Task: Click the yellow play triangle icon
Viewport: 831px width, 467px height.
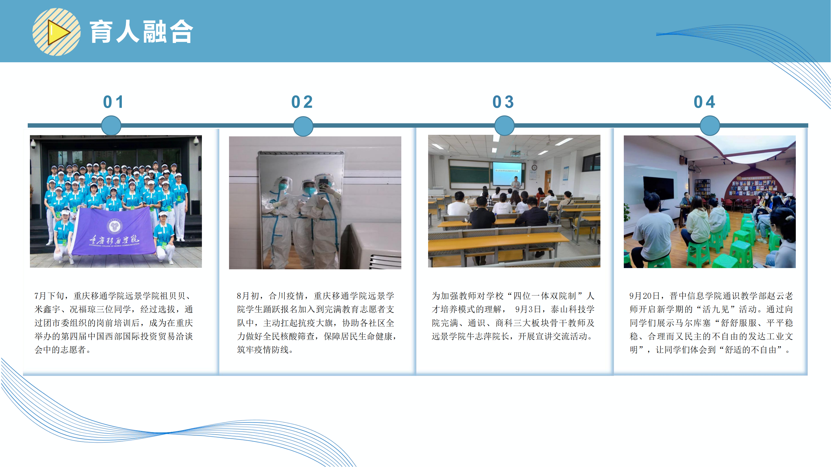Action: (x=58, y=32)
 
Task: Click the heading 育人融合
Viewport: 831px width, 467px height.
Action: (x=141, y=32)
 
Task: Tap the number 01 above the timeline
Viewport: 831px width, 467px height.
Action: (x=113, y=102)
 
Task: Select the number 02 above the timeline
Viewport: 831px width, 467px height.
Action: (x=302, y=102)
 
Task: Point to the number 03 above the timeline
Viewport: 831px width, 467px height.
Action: (x=503, y=102)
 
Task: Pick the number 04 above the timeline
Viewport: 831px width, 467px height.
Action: (x=704, y=102)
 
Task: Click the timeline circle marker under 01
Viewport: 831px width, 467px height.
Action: (x=111, y=126)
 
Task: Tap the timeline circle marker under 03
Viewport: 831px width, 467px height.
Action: (x=504, y=126)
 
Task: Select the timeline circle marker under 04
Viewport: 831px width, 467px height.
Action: (x=710, y=126)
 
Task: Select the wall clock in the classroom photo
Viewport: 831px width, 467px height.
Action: (x=534, y=167)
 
